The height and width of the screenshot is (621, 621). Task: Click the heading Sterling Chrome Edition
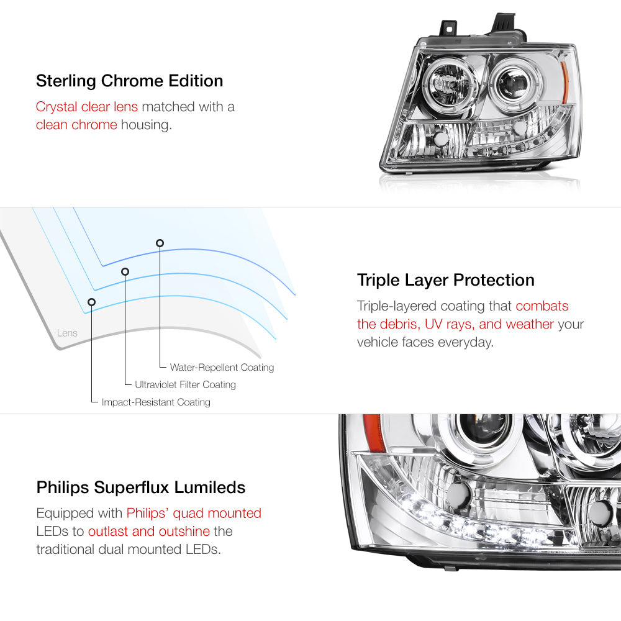[130, 81]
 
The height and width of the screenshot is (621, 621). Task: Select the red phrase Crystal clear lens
[87, 107]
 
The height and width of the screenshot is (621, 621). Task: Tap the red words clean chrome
[76, 125]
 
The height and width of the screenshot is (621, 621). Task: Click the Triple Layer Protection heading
[445, 280]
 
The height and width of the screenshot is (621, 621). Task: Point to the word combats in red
[542, 306]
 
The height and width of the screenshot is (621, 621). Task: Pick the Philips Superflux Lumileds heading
[140, 487]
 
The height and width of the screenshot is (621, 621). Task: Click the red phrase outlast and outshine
[149, 531]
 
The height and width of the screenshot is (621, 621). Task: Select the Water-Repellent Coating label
[222, 367]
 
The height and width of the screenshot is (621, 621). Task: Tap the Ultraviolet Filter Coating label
[185, 384]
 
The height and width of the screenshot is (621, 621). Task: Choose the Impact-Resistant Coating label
[156, 402]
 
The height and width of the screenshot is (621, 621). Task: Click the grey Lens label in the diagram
[67, 333]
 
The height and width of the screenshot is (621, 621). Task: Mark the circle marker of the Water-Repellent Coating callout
[160, 243]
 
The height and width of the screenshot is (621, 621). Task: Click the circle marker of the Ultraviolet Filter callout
[125, 271]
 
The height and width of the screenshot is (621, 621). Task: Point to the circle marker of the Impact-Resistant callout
[91, 302]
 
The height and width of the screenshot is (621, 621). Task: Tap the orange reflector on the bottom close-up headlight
[373, 432]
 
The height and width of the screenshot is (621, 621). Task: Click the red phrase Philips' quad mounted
[194, 514]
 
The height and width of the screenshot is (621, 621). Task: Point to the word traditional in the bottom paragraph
[65, 550]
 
